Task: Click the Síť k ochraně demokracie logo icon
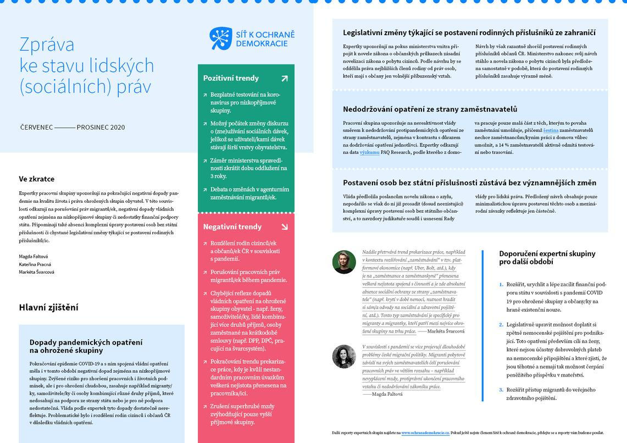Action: coord(221,38)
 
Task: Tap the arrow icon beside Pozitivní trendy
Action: coord(285,79)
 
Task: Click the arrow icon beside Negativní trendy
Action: coord(285,226)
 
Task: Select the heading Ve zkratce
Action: coord(37,179)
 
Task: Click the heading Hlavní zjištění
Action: coord(48,307)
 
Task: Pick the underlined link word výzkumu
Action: coord(369,152)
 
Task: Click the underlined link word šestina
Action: coord(551,130)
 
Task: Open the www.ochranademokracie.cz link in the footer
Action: coord(425,433)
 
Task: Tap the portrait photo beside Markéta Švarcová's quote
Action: coord(344,262)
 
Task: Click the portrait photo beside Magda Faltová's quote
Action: coord(344,356)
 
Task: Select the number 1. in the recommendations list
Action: coord(501,284)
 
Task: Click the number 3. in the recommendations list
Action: coord(501,390)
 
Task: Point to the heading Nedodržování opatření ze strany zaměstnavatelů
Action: coord(430,109)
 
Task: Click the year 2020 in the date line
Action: coord(118,128)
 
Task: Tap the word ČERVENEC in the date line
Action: coord(36,128)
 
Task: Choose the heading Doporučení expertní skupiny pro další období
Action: coord(547,257)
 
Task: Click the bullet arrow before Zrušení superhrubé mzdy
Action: coord(204,407)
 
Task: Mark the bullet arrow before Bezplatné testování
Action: coord(204,95)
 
